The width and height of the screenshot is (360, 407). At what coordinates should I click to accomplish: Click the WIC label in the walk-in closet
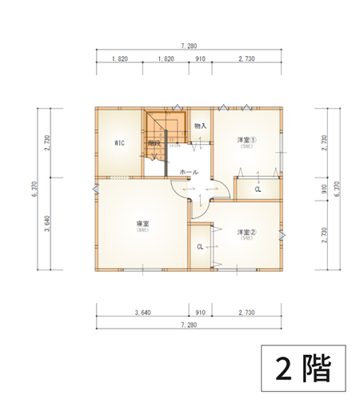coord(118,143)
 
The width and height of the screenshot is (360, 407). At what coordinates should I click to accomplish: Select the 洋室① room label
coord(245,141)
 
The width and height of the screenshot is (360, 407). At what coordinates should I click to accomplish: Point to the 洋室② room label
coord(245,233)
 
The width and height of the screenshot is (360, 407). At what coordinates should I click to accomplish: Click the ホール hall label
coord(189,172)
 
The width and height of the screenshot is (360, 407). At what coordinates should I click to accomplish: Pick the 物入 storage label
coord(200,126)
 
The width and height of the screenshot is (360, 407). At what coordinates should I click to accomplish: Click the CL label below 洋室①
coord(258,190)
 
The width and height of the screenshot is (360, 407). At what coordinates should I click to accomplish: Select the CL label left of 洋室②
coord(200,246)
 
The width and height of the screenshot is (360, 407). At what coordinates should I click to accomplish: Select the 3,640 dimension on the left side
coord(49,225)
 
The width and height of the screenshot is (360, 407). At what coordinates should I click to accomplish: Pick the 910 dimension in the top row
coord(200,59)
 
